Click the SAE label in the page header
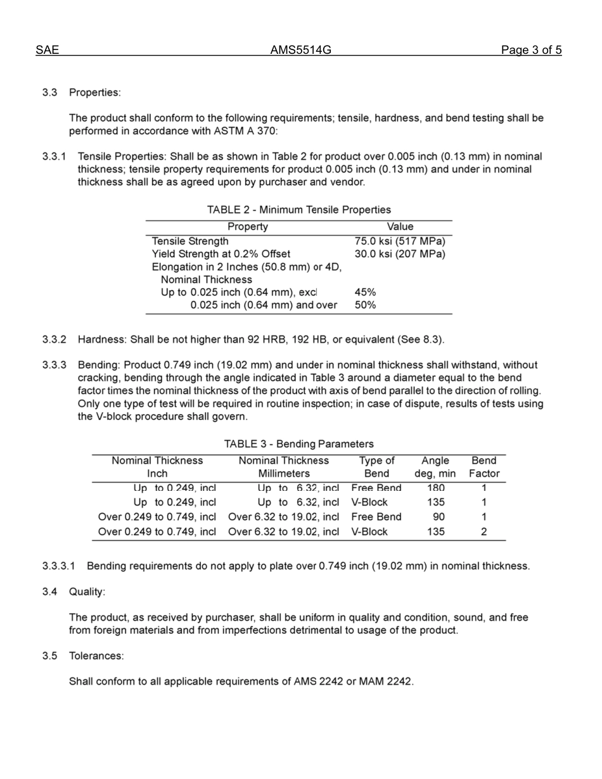pos(47,51)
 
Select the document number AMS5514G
pos(301,51)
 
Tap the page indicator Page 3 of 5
pos(531,51)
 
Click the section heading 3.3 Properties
pos(81,92)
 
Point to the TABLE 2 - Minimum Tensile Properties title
pos(299,210)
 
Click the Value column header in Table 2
pos(400,227)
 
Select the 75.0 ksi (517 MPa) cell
pos(400,241)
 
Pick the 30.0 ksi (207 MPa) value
pos(400,254)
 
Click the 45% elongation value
pos(366,292)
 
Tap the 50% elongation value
pos(366,305)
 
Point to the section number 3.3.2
pos(54,339)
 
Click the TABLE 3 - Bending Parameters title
pos(299,444)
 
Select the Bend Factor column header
pos(484,467)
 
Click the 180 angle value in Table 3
pos(436,488)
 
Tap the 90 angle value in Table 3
pos(438,517)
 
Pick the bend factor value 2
pos(484,532)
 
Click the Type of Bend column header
pos(376,467)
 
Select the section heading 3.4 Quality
pos(74,592)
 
